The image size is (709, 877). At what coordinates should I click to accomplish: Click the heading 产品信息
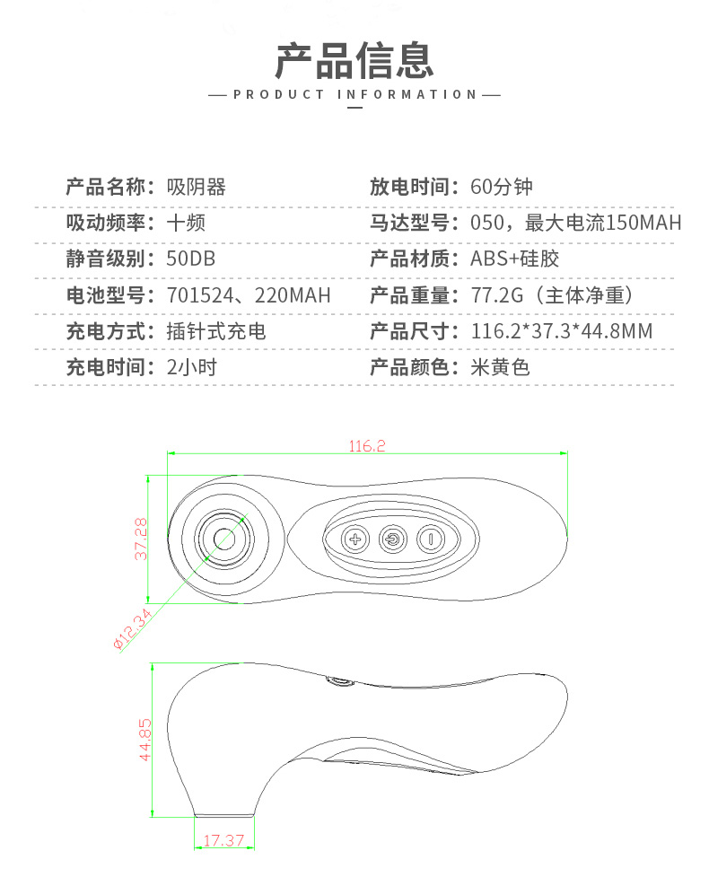coord(354,60)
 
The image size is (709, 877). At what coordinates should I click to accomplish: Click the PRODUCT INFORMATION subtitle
coord(354,94)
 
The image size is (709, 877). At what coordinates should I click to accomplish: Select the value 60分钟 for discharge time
coord(502,187)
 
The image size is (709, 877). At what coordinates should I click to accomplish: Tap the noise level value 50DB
coord(190,259)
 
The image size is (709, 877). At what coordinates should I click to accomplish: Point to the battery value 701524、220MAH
coord(249,294)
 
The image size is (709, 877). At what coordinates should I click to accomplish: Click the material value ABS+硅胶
coord(514,259)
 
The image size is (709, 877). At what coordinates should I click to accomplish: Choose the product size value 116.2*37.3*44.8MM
coord(562,331)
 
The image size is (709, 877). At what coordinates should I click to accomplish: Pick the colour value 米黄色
coord(501,367)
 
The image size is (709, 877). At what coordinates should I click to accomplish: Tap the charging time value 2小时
coord(192,367)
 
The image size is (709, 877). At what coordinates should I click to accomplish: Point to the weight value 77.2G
coord(497,294)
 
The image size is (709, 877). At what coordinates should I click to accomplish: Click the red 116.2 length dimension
coord(367,446)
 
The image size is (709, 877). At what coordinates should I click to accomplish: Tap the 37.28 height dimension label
coord(141,539)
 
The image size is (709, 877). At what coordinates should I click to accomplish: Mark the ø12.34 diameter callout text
coord(133,629)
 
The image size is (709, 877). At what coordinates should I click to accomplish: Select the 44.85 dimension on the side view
coord(144,740)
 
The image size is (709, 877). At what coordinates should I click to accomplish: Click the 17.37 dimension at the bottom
coord(223,840)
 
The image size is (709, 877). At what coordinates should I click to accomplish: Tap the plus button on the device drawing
coord(355,539)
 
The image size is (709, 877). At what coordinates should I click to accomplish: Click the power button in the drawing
coord(393,539)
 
